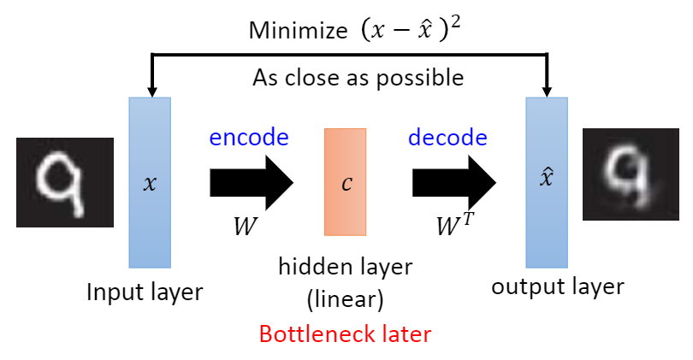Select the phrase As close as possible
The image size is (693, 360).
358,78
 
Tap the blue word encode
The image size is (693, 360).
248,137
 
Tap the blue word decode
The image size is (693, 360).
447,137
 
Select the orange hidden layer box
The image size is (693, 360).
346,181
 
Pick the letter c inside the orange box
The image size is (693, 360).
346,183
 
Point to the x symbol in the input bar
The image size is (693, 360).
150,183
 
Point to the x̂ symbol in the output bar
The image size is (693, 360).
548,181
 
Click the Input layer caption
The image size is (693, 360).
145,292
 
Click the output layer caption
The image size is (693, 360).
557,286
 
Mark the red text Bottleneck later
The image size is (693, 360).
345,333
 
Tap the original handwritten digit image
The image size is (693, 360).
64,182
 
